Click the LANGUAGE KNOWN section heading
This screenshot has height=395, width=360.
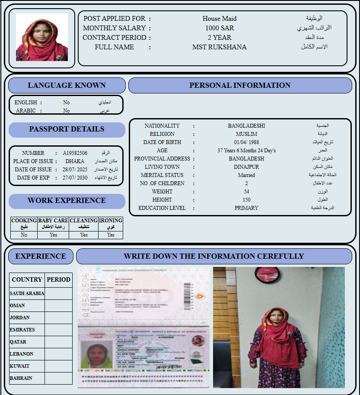[67, 86]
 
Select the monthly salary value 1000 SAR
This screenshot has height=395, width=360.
[220, 28]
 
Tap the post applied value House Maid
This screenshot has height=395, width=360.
[220, 19]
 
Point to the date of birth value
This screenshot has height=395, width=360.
[246, 142]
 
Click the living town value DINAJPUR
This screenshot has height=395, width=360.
[246, 167]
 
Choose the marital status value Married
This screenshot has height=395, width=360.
[246, 175]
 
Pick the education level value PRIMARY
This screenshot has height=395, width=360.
[246, 208]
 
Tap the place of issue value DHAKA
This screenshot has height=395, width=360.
[75, 161]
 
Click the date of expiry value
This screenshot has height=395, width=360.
[75, 178]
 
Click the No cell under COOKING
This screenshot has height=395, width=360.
[24, 235]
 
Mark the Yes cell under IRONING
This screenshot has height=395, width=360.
[111, 235]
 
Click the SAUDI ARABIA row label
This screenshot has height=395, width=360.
[27, 293]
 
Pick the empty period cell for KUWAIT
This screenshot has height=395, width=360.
[58, 366]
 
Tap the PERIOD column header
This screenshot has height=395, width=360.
[58, 279]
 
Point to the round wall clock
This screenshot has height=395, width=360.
[264, 273]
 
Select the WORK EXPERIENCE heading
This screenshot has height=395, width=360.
[67, 201]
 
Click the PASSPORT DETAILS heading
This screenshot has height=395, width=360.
[67, 129]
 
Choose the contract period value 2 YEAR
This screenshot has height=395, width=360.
[220, 38]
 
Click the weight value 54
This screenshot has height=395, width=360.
[246, 192]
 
